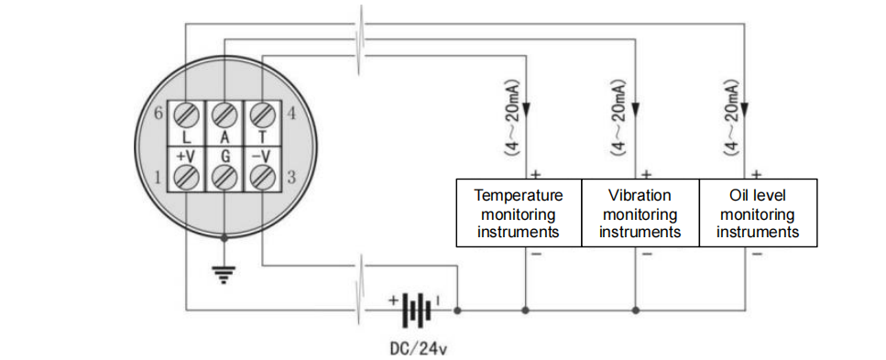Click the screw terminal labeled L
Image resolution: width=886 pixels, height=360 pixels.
pos(187,115)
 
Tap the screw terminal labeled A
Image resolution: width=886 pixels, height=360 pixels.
pos(224,115)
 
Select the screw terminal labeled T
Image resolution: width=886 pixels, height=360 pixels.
pos(262,115)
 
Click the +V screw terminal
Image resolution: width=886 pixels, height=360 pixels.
pos(187,176)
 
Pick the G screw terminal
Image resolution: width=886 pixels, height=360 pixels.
pos(224,176)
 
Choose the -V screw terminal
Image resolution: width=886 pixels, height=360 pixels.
pos(262,176)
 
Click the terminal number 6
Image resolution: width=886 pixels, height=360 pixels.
pos(159,115)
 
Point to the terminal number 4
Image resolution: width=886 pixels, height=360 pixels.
pos(291,115)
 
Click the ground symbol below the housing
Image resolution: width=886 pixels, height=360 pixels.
pos(224,272)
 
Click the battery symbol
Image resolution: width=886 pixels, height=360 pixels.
pos(418,310)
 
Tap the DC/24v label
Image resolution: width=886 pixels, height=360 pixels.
pos(417,348)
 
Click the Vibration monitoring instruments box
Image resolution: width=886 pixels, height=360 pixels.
pos(640,213)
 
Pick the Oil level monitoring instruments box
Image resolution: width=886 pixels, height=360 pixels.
pos(758,213)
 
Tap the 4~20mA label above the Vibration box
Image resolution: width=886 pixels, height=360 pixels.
pos(621,116)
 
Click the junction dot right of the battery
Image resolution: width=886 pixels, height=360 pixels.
pos(458,311)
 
